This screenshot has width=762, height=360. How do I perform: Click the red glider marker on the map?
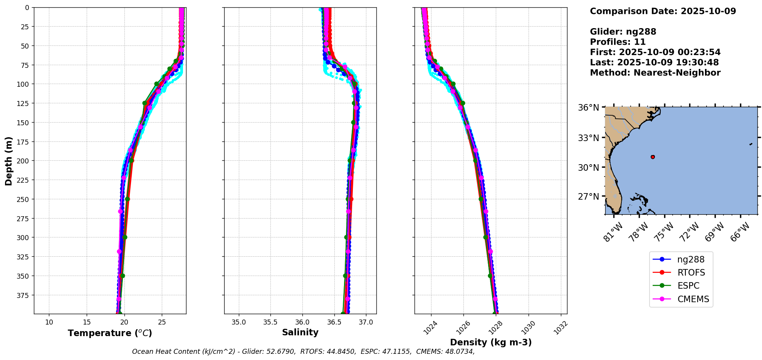[653, 157]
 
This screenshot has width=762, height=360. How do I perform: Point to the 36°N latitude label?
[588, 108]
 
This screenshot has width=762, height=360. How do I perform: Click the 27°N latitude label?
[588, 197]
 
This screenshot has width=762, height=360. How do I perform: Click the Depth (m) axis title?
[8, 161]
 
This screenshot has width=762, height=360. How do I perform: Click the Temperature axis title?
[110, 333]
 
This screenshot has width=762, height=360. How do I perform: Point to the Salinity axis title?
[300, 333]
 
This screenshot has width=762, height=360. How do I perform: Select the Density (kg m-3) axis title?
[491, 342]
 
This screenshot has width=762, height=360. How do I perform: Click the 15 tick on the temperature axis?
[87, 322]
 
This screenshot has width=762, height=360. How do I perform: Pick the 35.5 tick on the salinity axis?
[270, 322]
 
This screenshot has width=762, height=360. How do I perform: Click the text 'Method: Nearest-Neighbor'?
[655, 72]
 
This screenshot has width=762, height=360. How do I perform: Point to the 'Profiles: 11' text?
[618, 42]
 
